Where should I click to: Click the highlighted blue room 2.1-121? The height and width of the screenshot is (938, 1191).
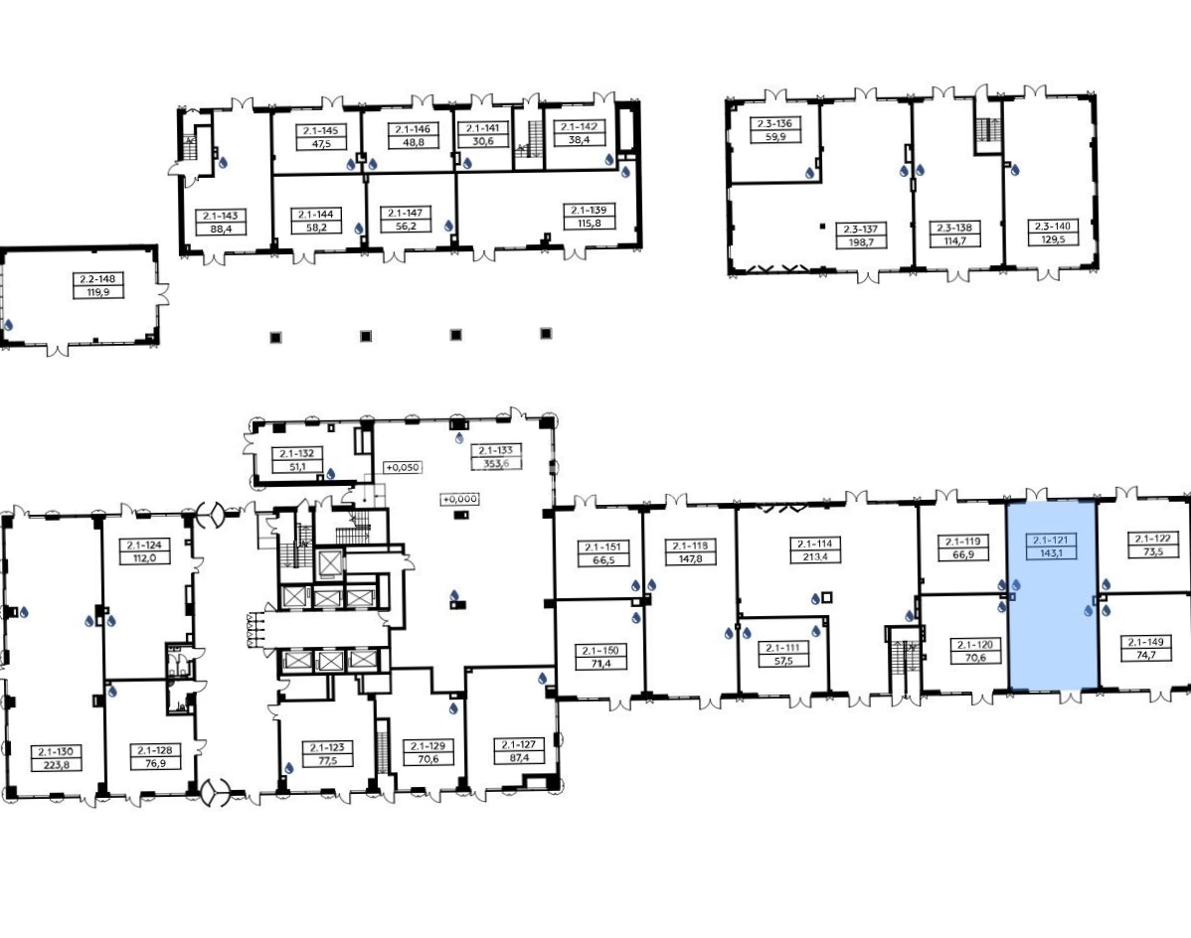[1052, 596]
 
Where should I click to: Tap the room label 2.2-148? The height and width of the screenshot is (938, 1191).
[97, 278]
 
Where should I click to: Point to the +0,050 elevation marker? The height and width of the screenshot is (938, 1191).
[403, 467]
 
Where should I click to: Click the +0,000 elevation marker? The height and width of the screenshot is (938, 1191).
[460, 499]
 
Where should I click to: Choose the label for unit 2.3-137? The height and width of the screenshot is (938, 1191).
[861, 230]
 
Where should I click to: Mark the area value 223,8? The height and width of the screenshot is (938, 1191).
[57, 765]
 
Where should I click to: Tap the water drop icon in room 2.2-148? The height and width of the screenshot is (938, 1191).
[9, 326]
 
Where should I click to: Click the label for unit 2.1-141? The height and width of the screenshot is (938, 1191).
[483, 129]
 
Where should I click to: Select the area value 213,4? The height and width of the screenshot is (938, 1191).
[815, 556]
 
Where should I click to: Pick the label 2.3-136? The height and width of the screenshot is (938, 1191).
[774, 123]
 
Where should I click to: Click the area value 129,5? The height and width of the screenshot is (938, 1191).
[1052, 238]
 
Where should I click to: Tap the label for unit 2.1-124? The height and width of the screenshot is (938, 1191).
[144, 545]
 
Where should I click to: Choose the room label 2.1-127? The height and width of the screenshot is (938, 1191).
[517, 744]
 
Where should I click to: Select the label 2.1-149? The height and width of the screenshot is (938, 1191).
[1146, 642]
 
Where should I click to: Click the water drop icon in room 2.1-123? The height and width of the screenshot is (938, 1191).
[288, 768]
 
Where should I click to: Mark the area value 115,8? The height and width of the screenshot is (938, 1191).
[588, 223]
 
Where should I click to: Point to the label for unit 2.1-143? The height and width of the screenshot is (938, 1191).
[221, 216]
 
